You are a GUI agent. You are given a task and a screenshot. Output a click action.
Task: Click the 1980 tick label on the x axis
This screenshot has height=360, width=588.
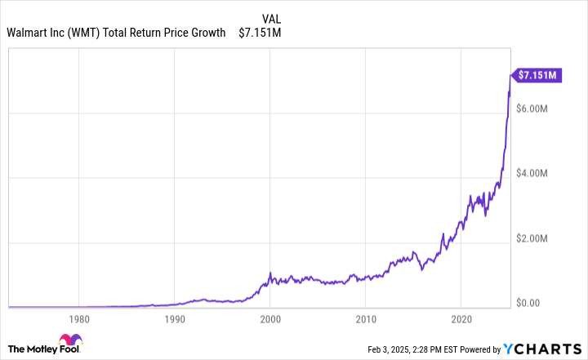78,319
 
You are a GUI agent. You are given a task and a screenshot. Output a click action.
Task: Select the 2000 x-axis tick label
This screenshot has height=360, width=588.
270,319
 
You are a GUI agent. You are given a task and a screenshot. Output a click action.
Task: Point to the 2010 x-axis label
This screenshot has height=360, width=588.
366,319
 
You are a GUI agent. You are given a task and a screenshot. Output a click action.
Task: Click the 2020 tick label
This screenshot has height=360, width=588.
462,319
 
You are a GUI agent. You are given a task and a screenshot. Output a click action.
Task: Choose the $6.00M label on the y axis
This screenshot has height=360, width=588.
537,109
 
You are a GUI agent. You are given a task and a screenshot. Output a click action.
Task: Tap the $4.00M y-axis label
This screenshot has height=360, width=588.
537,173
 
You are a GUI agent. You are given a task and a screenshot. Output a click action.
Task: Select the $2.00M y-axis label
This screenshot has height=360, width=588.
537,238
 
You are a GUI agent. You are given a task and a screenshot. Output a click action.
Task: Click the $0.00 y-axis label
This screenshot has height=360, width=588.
532,303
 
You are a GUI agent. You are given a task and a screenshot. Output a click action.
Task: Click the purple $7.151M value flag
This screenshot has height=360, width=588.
537,75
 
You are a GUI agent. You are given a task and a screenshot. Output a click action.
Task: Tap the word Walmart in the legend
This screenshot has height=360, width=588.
28,33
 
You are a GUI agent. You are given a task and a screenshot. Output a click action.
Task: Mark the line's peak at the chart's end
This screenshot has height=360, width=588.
510,75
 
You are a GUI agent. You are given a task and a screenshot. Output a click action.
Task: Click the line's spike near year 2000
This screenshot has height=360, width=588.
270,273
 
